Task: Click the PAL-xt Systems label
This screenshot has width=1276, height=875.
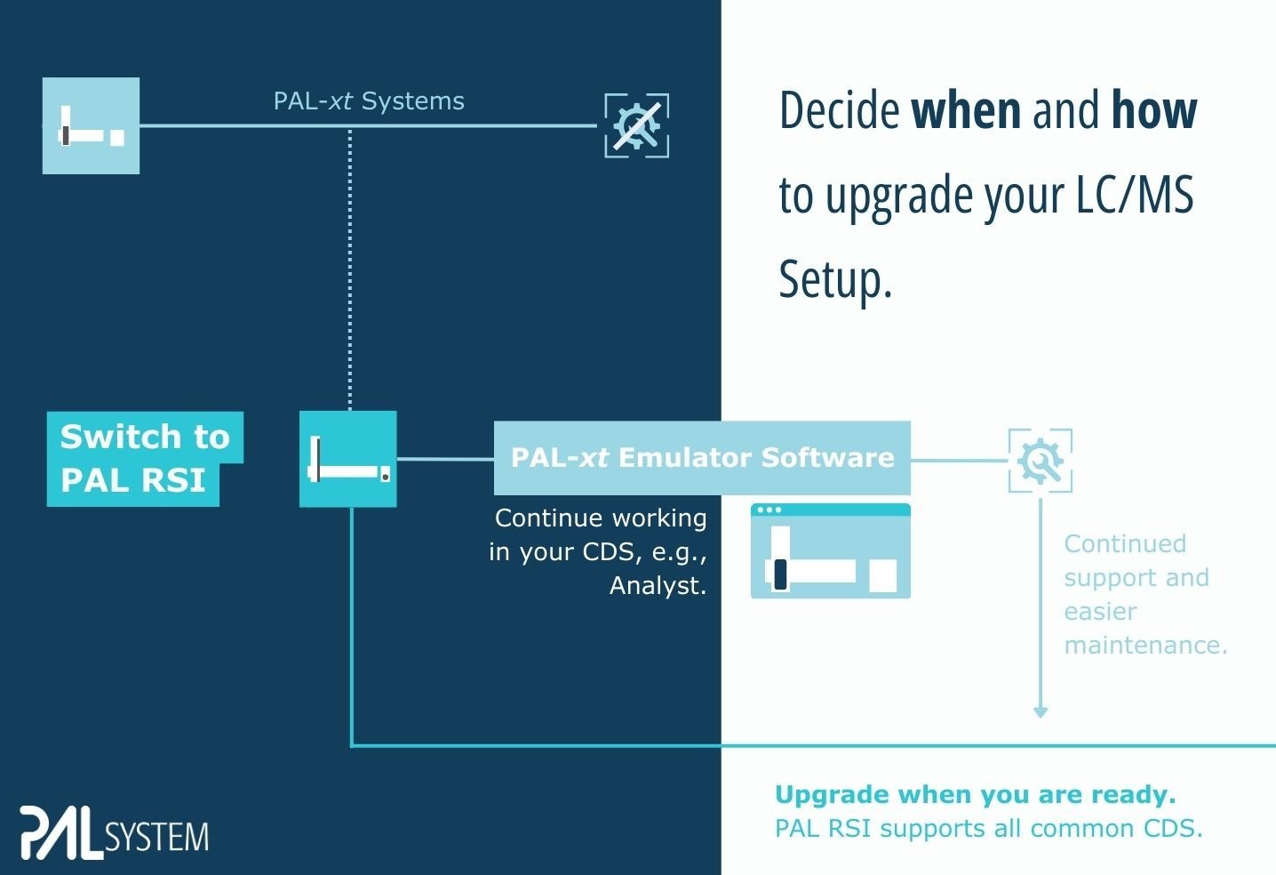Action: (x=369, y=101)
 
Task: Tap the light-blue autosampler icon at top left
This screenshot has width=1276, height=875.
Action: (x=92, y=125)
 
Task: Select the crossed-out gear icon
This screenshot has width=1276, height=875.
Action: (x=636, y=125)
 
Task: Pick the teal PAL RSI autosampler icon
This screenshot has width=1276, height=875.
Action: (x=347, y=459)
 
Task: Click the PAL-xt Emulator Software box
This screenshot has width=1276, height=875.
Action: (x=702, y=458)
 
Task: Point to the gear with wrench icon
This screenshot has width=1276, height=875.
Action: (x=1040, y=461)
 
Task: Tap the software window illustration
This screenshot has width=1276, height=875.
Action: (x=830, y=551)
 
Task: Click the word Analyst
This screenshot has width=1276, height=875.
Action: (x=658, y=586)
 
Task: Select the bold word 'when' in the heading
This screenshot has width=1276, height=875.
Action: (x=966, y=110)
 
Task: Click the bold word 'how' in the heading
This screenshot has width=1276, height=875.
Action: (x=1153, y=110)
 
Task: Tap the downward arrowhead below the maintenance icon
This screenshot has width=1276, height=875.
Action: (x=1041, y=711)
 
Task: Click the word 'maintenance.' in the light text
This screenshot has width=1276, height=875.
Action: (x=1145, y=645)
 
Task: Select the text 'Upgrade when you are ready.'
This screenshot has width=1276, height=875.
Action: (x=975, y=794)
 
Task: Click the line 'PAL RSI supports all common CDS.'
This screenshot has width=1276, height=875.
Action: (x=988, y=829)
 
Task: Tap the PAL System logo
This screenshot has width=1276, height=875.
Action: (x=115, y=833)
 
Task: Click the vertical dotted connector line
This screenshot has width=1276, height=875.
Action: (x=350, y=267)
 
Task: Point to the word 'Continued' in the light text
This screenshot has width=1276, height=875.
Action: (x=1125, y=543)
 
